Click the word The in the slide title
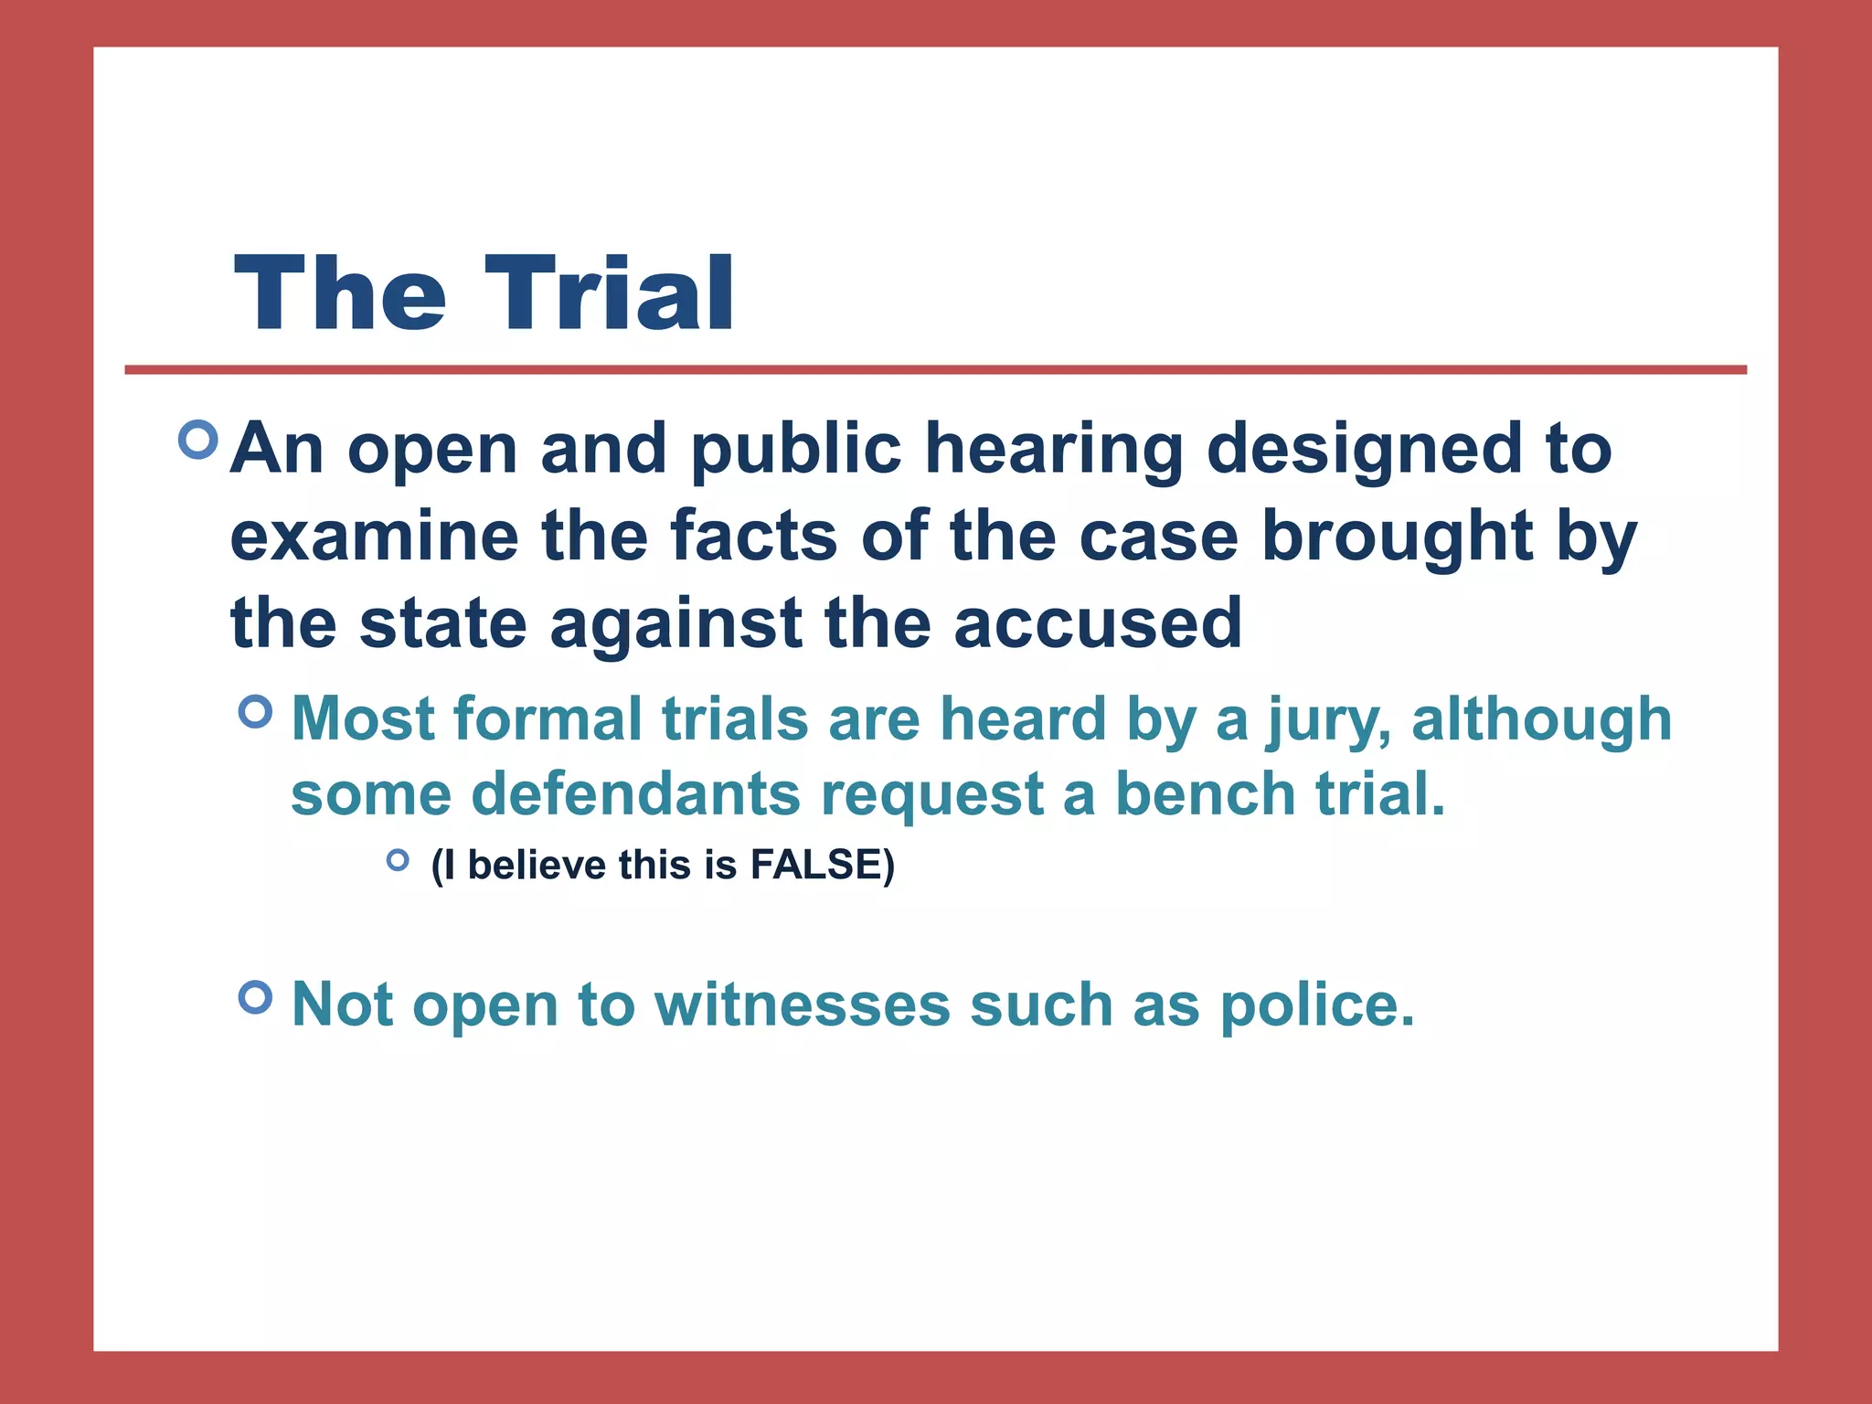(x=340, y=294)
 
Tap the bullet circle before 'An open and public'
(x=198, y=440)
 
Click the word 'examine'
(x=374, y=537)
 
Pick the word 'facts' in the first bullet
(x=754, y=537)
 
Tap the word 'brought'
(x=1397, y=537)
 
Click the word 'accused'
(x=1098, y=623)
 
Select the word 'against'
(x=676, y=623)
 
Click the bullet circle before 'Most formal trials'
(x=256, y=711)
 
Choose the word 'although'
(x=1542, y=718)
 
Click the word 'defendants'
(x=636, y=793)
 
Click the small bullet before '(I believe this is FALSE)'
(x=398, y=859)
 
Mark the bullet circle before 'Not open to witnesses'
(x=256, y=996)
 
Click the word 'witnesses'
(x=803, y=1005)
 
